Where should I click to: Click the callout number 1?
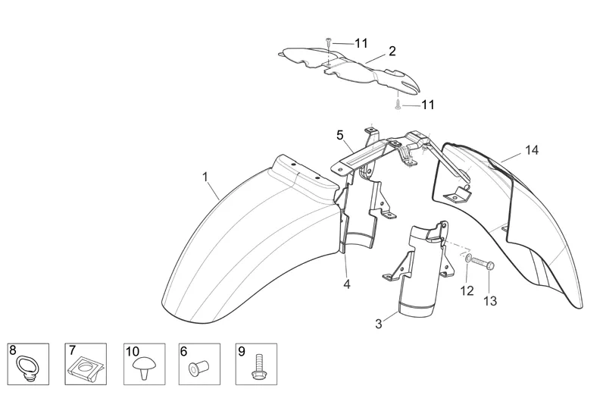205,177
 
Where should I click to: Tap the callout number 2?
392,52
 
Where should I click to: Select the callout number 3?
378,325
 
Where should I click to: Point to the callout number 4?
346,285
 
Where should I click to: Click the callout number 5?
340,136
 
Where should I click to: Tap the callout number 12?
467,290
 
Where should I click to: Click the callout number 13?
490,301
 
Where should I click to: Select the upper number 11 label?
361,43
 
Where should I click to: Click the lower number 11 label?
428,105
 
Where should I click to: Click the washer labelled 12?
470,261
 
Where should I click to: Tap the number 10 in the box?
132,351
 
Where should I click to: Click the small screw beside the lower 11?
397,104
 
